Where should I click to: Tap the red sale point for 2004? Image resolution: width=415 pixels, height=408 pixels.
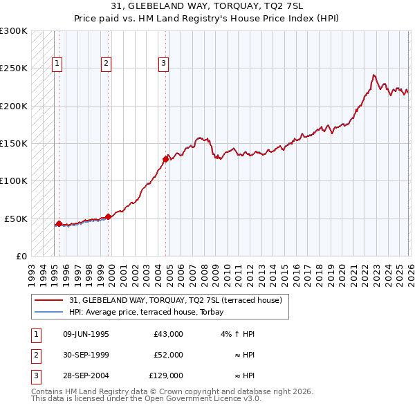click(165, 159)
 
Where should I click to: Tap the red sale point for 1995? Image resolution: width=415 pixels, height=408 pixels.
click(59, 223)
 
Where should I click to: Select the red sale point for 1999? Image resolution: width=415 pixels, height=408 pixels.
click(109, 216)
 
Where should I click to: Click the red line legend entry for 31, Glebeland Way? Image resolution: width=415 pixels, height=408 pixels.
click(176, 301)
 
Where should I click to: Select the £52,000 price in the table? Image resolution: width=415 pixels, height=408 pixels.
click(168, 355)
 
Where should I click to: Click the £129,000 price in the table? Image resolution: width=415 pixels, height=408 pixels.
click(166, 376)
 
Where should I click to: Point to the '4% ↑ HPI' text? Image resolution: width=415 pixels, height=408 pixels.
click(239, 334)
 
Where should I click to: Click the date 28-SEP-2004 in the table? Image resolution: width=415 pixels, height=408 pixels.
click(86, 376)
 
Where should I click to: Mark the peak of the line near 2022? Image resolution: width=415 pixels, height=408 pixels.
click(373, 75)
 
